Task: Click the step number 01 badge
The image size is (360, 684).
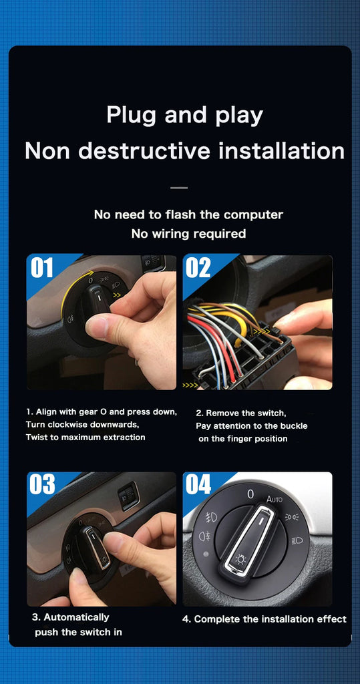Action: point(42,268)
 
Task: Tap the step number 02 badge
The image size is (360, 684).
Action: point(198,268)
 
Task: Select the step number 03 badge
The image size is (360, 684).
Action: point(42,484)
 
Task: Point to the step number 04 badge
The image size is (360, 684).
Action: point(198,484)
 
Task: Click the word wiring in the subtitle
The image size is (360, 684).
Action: point(172,234)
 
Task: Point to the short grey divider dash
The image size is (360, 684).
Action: point(179,188)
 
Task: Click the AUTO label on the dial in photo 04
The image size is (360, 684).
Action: point(275,498)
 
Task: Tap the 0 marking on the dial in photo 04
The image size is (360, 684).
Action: point(250,494)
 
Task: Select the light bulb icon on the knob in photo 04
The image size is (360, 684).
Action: point(240,559)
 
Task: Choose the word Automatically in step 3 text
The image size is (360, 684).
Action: point(76,618)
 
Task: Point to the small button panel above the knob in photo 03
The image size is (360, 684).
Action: point(129,496)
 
